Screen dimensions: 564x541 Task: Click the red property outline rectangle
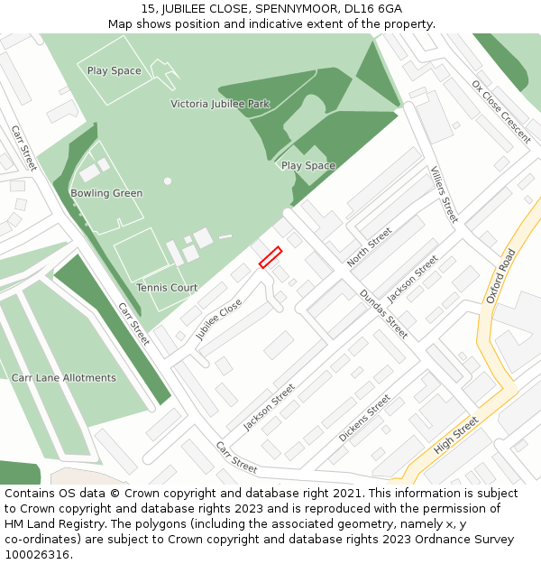coord(270,257)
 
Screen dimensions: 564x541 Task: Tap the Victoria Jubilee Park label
coord(220,104)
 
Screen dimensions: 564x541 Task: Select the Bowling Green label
coord(106,193)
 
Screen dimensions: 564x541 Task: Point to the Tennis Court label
coord(167,288)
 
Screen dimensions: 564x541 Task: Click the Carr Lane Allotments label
coord(63,378)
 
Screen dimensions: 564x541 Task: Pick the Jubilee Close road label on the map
coord(219,319)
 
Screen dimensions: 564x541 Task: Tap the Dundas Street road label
coord(383,314)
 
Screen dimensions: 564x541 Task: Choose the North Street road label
coord(370,246)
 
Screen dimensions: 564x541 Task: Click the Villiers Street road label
coord(444,194)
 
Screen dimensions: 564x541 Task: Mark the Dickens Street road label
coord(364,418)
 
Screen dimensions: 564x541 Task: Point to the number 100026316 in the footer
coord(37,555)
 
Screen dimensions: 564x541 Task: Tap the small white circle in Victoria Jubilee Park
coord(168,181)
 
